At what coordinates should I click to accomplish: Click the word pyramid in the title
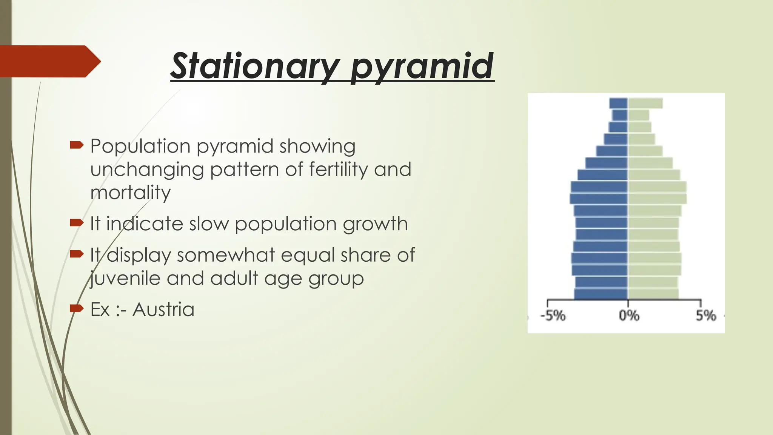422,67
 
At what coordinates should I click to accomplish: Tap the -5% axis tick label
553,315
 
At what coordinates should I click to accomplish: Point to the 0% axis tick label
629,315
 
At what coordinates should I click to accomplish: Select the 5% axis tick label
706,315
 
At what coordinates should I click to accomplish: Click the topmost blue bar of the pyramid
619,103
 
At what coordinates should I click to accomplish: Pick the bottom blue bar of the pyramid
601,294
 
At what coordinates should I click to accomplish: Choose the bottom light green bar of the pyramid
653,294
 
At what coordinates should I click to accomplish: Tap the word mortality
130,193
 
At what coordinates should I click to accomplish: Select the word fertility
338,170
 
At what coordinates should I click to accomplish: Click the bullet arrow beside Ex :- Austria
77,309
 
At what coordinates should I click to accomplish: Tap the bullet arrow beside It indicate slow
77,223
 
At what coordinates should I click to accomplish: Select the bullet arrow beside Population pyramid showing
77,145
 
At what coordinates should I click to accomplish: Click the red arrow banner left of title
49,61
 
